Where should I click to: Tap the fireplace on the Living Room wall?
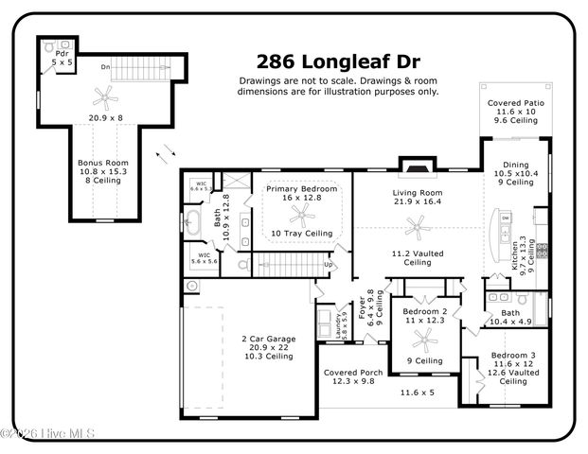[x=414, y=166]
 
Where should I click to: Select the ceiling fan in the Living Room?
[x=414, y=226]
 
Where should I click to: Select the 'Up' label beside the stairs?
[x=329, y=264]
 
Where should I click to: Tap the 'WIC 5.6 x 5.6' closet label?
[x=204, y=260]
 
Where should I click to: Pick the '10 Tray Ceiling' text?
[x=301, y=233]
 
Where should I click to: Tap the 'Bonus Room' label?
[x=102, y=162]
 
